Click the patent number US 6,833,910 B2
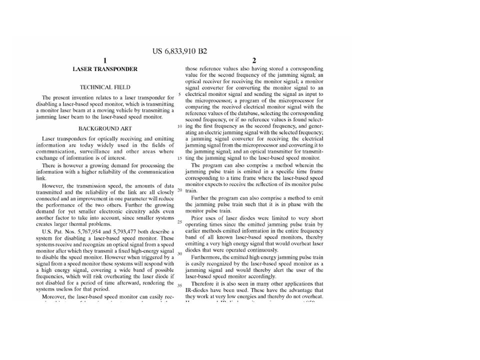pos(179,51)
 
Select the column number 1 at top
pos(105,60)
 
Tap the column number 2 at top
pos(254,60)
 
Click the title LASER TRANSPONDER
pos(105,69)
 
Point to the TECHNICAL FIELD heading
pos(105,87)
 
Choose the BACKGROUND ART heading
pos(105,128)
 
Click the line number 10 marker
pos(180,126)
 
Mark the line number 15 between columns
pos(180,158)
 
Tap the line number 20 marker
pos(180,190)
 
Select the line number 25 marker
pos(180,221)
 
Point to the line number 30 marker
pos(180,253)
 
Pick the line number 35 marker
pos(180,285)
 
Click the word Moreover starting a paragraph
pos(53,296)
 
